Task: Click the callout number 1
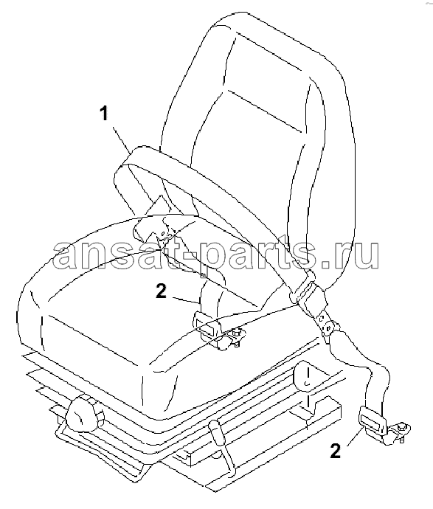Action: click(x=104, y=114)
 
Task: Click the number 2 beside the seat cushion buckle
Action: click(x=162, y=291)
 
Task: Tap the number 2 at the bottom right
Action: click(x=336, y=451)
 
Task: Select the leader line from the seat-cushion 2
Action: click(x=184, y=300)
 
